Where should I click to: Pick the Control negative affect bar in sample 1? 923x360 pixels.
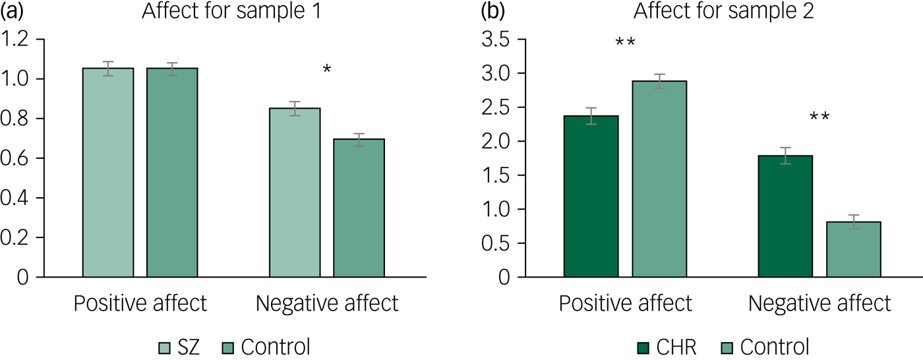tap(359, 208)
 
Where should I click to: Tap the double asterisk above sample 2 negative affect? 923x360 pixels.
tap(819, 118)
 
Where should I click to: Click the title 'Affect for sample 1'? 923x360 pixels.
tap(231, 12)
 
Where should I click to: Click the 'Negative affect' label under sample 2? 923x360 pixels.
tap(819, 304)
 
